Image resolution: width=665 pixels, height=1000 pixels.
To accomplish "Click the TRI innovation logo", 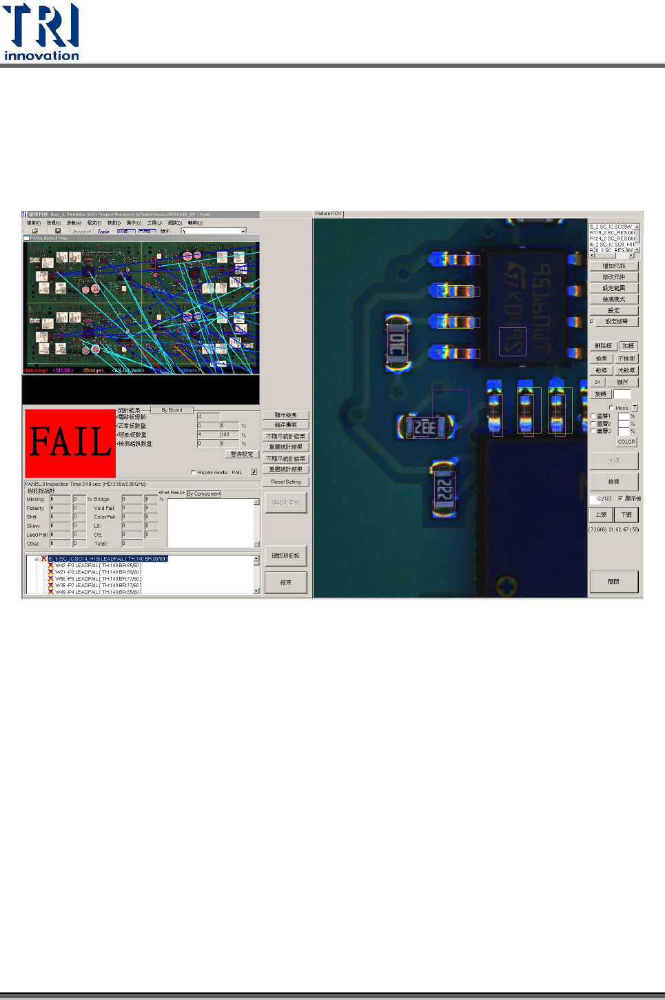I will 41,32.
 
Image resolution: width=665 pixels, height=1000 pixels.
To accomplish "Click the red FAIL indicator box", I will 70,442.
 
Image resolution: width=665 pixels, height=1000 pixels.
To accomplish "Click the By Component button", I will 203,493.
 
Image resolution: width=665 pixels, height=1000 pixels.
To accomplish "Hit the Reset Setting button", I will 285,482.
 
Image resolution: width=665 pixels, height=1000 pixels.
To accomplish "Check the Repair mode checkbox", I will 193,473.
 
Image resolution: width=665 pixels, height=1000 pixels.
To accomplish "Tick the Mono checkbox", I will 611,408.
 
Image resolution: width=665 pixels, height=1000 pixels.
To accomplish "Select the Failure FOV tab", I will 328,214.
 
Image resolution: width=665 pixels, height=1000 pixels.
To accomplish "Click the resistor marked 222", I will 444,491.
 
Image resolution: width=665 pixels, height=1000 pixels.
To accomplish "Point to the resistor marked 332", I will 424,427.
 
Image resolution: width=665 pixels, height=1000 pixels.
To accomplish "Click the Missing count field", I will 60,499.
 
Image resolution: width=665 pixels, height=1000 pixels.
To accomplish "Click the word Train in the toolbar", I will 103,232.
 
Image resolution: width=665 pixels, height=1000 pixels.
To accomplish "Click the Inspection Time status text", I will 84,484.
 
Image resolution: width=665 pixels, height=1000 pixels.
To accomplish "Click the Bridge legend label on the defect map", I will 93,371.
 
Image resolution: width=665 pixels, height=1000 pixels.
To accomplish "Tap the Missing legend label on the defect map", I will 36,371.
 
